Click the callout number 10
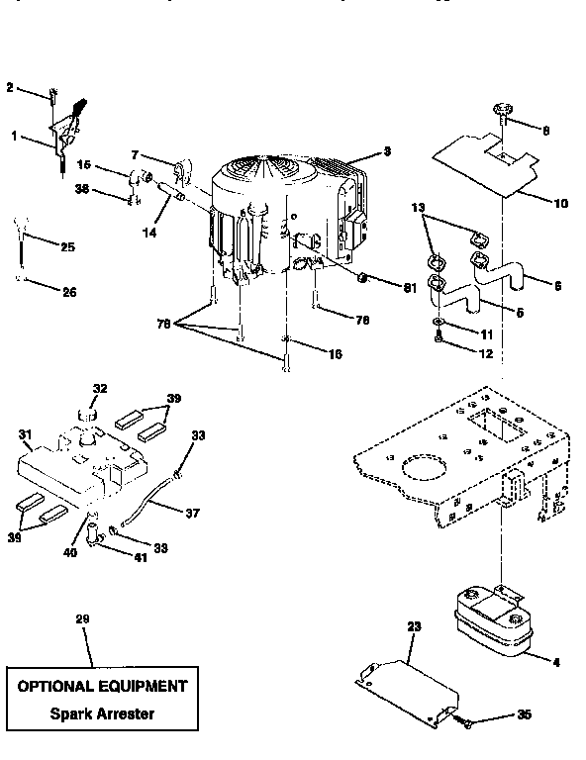(560, 204)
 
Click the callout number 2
(10, 88)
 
